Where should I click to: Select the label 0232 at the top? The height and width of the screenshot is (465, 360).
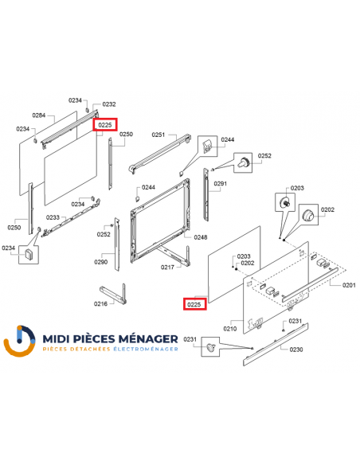(109, 104)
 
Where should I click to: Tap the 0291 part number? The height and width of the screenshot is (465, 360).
(221, 184)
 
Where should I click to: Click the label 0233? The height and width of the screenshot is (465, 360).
(53, 217)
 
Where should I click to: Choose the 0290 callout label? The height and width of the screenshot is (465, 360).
(101, 261)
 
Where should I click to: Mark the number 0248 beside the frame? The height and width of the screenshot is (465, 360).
(201, 237)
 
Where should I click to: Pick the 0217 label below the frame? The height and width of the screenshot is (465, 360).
(167, 267)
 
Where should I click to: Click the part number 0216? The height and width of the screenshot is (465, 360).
(100, 303)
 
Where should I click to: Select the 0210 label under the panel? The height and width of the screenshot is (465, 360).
(230, 327)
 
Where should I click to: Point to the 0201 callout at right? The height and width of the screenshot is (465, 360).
(349, 284)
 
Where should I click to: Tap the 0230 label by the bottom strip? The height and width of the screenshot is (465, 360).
(296, 350)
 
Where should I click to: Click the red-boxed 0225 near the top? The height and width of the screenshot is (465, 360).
(105, 125)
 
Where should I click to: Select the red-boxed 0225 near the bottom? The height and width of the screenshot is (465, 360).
(194, 303)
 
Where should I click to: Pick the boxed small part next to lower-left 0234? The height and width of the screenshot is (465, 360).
(29, 255)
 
